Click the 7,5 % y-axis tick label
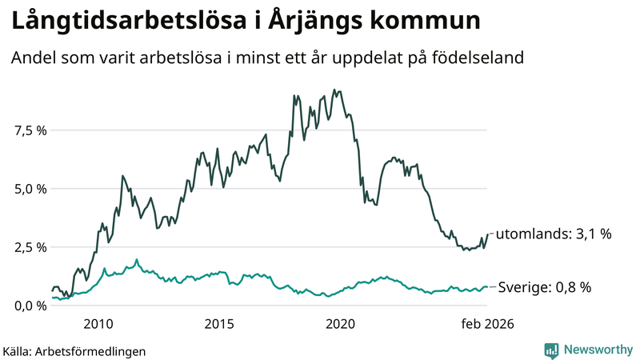(x=30, y=130)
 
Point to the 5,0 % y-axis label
(x=30, y=189)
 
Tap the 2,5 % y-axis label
(x=30, y=247)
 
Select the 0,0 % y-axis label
(x=30, y=306)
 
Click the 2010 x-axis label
(x=98, y=323)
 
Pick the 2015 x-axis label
(x=219, y=323)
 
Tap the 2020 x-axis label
(x=341, y=323)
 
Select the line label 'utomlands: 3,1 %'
(x=554, y=234)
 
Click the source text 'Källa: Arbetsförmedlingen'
(x=74, y=350)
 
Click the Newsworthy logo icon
(x=551, y=350)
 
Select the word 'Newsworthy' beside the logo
(x=598, y=350)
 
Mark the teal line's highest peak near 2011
(x=136, y=259)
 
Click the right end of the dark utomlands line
(x=488, y=234)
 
